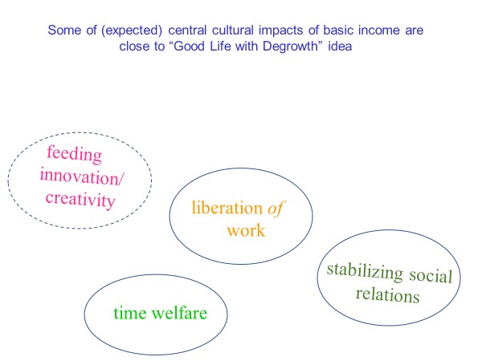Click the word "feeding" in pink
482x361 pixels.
pos(74,154)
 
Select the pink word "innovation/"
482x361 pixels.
pos(82,176)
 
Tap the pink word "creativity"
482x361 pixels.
pos(80,200)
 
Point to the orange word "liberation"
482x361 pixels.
pos(227,208)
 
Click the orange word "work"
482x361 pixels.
pos(246,230)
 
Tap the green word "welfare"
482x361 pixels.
pos(179,313)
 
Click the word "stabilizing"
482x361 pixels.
pos(365,271)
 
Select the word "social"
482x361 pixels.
pos(431,275)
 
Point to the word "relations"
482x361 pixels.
pos(387,294)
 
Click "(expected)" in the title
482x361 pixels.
pos(132,30)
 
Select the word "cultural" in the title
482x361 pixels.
pos(233,30)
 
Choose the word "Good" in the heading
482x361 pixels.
pos(189,47)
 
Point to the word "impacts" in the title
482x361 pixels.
pos(282,30)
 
